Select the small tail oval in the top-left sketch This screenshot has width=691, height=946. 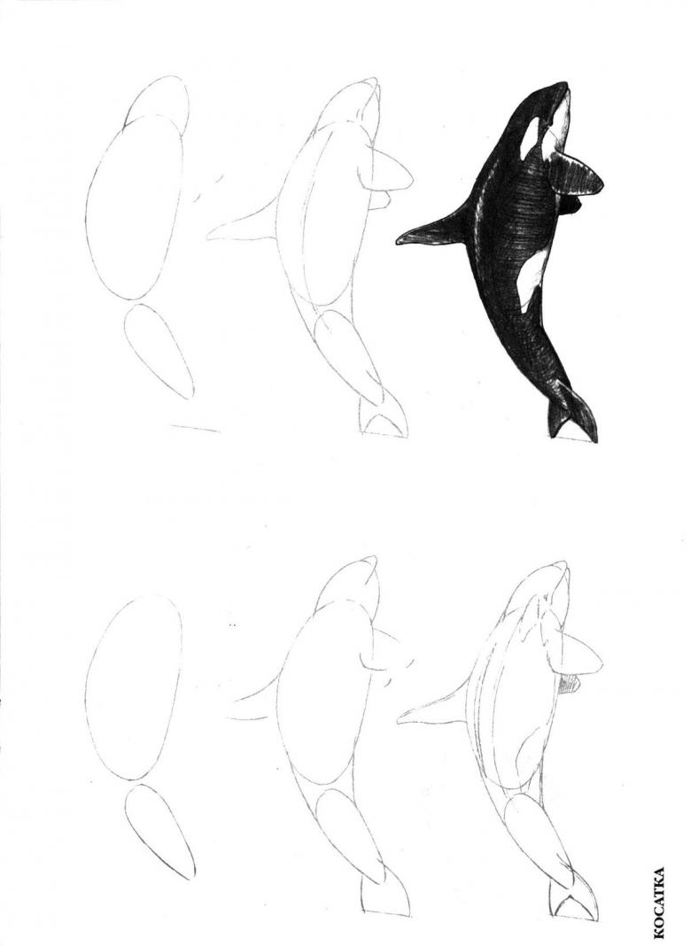pos(159,351)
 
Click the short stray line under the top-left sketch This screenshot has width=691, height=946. pos(196,429)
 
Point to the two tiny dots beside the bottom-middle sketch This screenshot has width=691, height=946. pos(232,625)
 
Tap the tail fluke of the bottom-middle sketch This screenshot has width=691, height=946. pos(385,902)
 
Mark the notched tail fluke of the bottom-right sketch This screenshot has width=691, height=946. pos(575,903)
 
